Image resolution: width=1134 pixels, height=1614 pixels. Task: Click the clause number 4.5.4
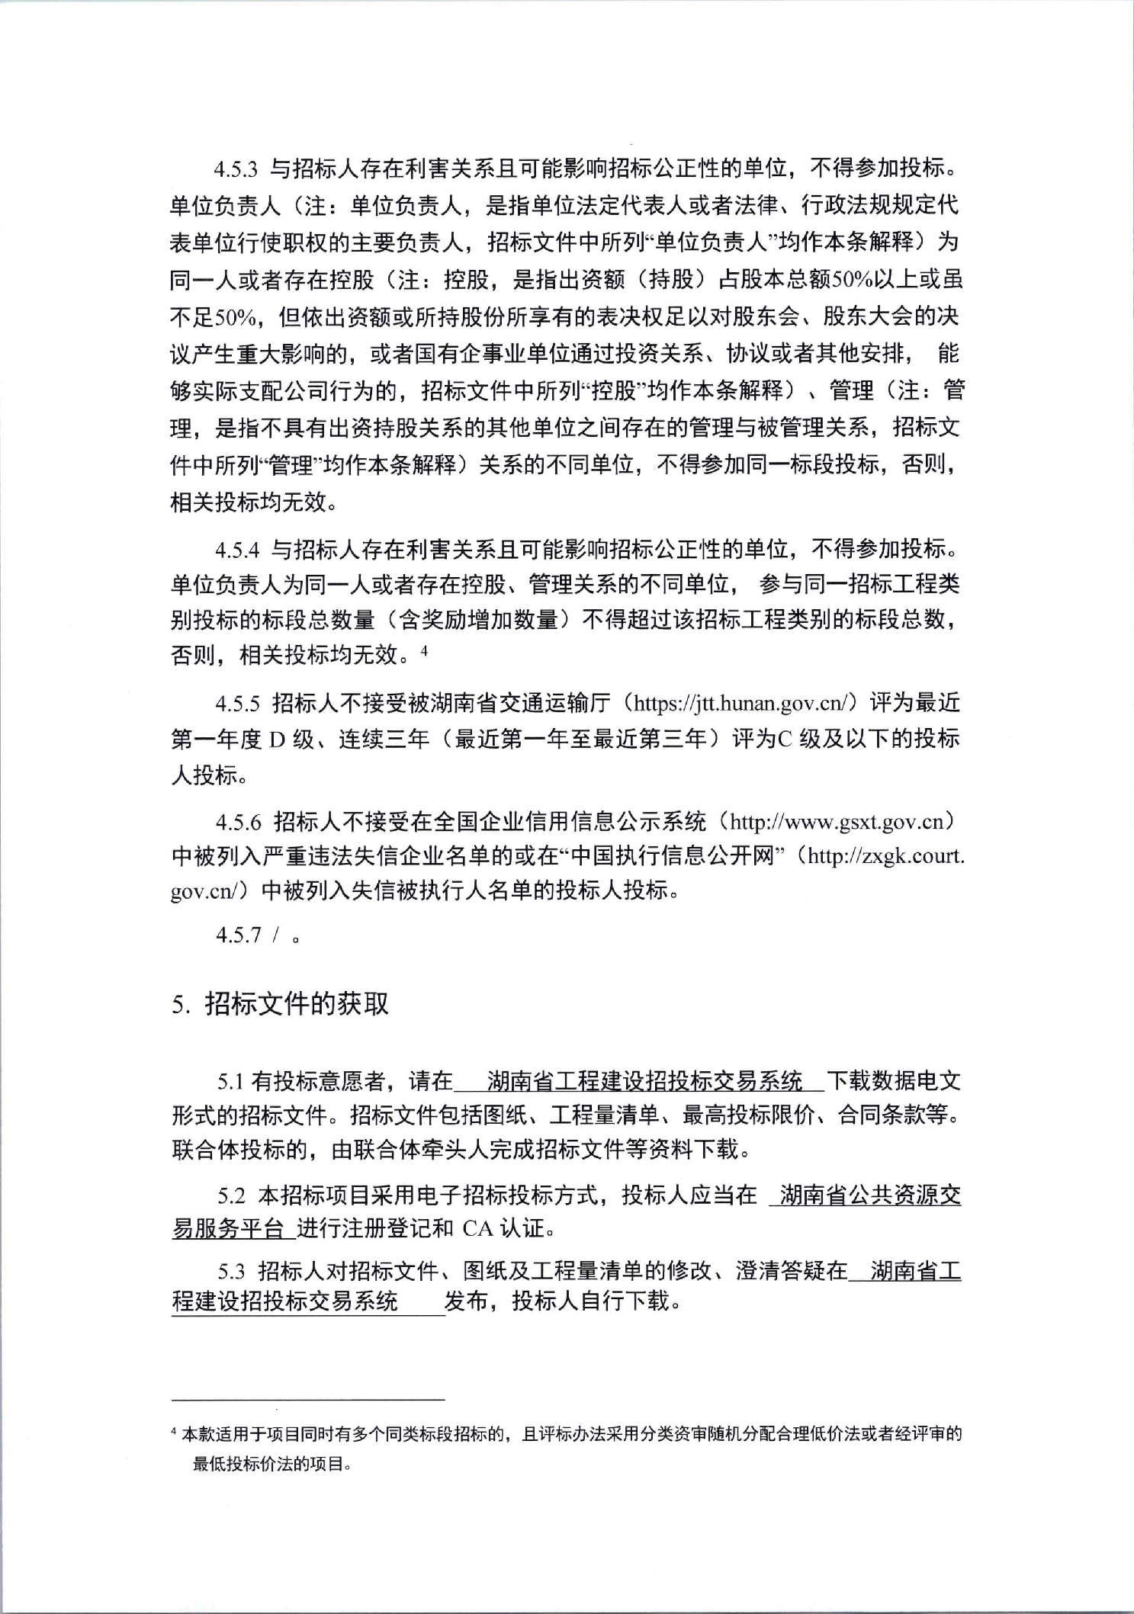238,549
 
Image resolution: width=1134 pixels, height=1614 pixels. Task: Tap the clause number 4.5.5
238,703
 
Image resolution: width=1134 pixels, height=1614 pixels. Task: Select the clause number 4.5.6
238,822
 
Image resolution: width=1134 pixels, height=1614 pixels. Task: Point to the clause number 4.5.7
238,935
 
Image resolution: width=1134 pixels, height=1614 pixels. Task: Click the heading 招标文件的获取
297,1004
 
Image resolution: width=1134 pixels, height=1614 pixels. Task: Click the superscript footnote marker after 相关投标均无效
425,650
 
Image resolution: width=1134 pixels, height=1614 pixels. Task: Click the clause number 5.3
232,1271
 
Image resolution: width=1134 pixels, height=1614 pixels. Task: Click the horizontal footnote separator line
308,1400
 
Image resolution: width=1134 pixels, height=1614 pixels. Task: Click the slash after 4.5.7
272,935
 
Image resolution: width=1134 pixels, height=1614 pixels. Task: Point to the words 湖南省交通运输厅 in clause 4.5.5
522,703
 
